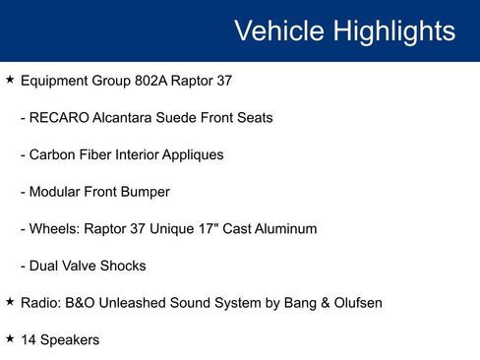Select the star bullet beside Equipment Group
tap(10, 80)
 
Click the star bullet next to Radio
tap(10, 302)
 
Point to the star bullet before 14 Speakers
tap(10, 338)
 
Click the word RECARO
tap(61, 118)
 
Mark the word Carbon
tap(54, 154)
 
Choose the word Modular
tap(58, 192)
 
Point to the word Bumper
tap(144, 192)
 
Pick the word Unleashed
tap(143, 303)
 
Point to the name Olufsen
tap(354, 303)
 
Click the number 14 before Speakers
tap(28, 339)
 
